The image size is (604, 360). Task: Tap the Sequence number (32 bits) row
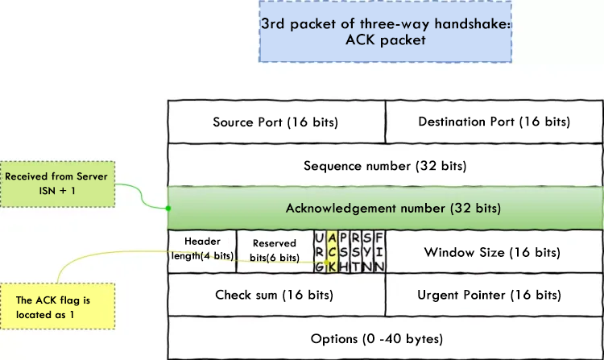pyautogui.click(x=385, y=166)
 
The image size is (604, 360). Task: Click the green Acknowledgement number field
pyautogui.click(x=385, y=209)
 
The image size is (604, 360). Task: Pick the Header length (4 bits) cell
pyautogui.click(x=202, y=251)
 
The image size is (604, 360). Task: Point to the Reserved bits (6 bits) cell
pyautogui.click(x=275, y=251)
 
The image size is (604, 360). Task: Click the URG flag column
pyautogui.click(x=320, y=251)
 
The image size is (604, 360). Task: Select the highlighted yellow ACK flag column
pyautogui.click(x=332, y=251)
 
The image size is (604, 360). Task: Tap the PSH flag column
pyautogui.click(x=344, y=251)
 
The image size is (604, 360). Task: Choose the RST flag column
pyautogui.click(x=355, y=251)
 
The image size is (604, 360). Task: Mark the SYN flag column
pyautogui.click(x=367, y=251)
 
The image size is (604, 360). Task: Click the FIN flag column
pyautogui.click(x=379, y=251)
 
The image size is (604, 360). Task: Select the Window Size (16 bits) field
pyautogui.click(x=492, y=252)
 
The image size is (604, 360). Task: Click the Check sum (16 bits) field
pyautogui.click(x=276, y=295)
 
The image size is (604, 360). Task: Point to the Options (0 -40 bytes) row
pyautogui.click(x=385, y=338)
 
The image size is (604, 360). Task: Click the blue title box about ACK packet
pyautogui.click(x=386, y=31)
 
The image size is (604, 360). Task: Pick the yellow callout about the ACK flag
pyautogui.click(x=58, y=307)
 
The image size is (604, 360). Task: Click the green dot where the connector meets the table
pyautogui.click(x=168, y=209)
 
